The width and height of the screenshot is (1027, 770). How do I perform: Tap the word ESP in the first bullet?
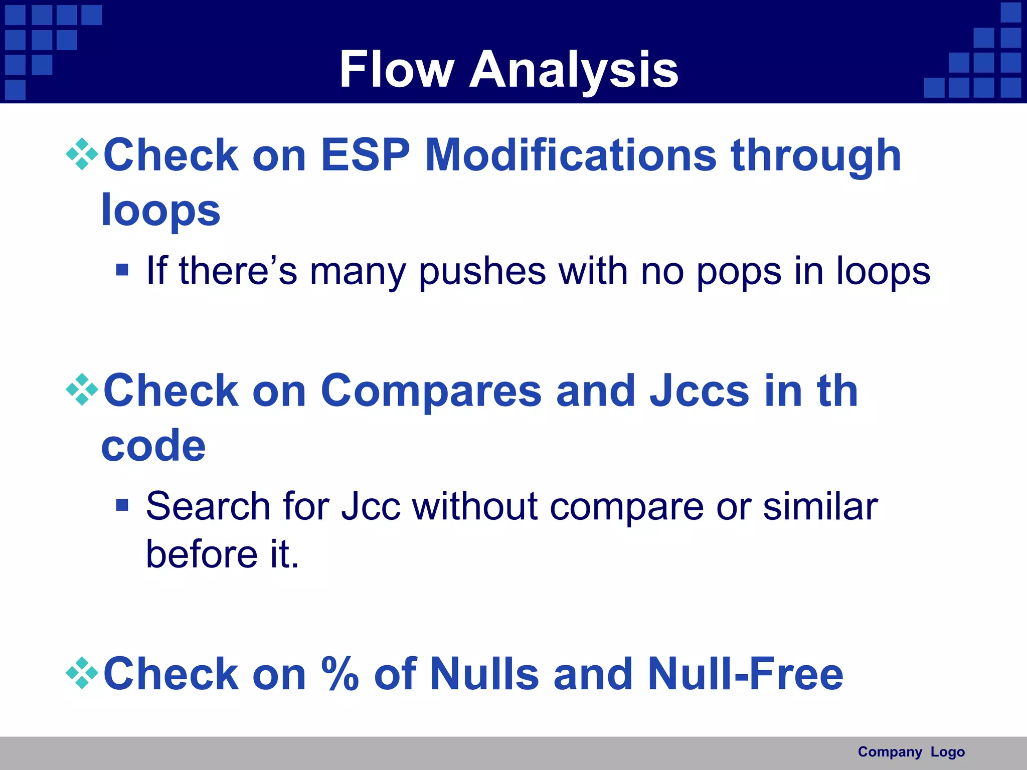pyautogui.click(x=365, y=155)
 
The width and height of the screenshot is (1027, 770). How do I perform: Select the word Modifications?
pyautogui.click(x=571, y=155)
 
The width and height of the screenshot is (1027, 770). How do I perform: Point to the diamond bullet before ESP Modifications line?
pyautogui.click(x=82, y=154)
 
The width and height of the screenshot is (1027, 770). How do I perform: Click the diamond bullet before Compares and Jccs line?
pyautogui.click(x=82, y=390)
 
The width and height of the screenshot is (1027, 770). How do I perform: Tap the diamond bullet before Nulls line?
pyautogui.click(x=82, y=673)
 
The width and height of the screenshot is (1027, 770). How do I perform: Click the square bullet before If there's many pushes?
pyautogui.click(x=122, y=270)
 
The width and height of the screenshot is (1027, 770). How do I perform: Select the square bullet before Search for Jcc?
pyautogui.click(x=122, y=505)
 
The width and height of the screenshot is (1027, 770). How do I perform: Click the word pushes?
pyautogui.click(x=482, y=272)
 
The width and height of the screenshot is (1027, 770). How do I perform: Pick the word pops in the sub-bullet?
pyautogui.click(x=739, y=272)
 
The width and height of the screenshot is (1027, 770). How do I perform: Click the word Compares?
pyautogui.click(x=431, y=391)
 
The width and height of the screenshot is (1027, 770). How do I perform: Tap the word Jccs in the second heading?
pyautogui.click(x=700, y=391)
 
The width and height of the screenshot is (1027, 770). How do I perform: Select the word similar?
pyautogui.click(x=820, y=506)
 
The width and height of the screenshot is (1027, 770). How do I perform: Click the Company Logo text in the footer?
pyautogui.click(x=911, y=752)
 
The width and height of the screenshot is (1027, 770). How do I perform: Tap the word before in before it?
pyautogui.click(x=202, y=554)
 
